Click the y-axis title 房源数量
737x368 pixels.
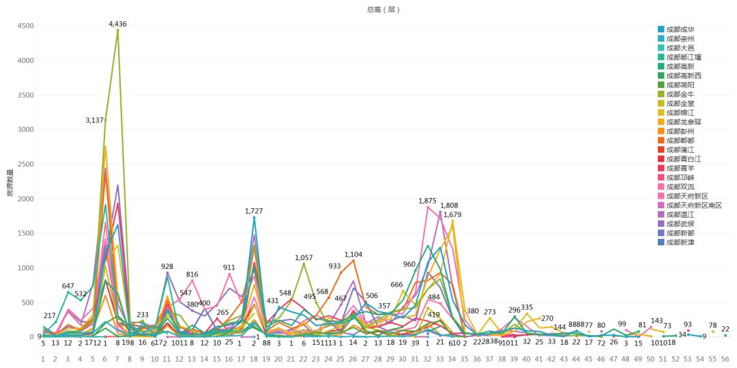10,183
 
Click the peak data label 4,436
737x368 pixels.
118,24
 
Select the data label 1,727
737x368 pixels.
254,212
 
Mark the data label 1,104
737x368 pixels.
353,254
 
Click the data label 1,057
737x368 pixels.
304,257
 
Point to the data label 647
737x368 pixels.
68,285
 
